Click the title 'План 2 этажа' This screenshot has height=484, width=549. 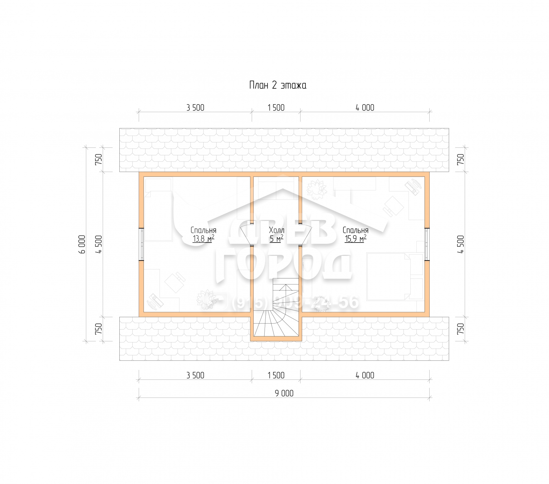(278, 85)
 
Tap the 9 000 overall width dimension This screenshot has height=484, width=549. (284, 393)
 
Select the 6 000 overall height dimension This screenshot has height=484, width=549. (82, 244)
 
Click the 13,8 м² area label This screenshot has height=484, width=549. (203, 239)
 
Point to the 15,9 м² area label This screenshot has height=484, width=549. (355, 239)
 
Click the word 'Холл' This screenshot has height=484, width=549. (276, 230)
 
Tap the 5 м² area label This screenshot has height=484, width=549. (276, 239)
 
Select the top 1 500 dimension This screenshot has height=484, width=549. (276, 108)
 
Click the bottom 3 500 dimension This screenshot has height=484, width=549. (195, 375)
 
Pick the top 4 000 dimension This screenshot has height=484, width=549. (365, 108)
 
